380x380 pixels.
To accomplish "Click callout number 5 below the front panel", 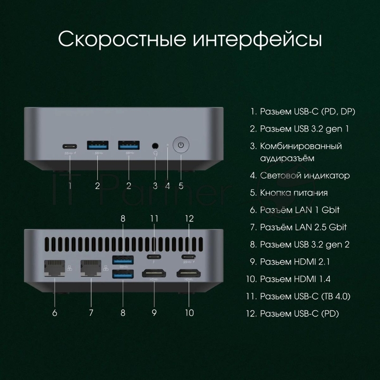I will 181,186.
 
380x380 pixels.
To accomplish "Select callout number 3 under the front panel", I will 155,186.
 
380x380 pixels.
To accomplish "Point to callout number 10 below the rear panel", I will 190,313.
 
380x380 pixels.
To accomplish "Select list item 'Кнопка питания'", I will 294,192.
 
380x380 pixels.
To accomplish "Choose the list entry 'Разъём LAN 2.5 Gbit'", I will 303,227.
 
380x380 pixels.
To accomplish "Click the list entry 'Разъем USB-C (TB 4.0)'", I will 305,296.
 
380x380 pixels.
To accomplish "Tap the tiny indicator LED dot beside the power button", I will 168,142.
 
